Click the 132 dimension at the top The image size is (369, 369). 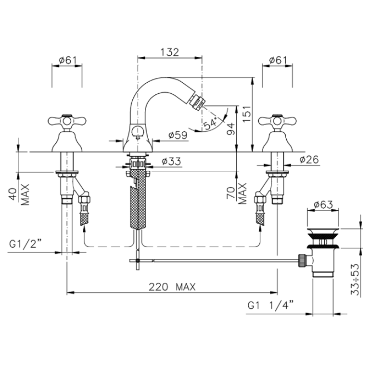coord(170,52)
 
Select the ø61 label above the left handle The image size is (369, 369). coord(68,61)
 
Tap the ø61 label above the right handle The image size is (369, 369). coord(278,61)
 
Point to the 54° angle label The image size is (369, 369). coord(210,124)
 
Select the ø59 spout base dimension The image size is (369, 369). coord(178,135)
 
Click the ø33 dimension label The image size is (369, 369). coord(172,162)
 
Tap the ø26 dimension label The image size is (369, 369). coord(309,160)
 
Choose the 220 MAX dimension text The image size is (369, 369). coord(172,287)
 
